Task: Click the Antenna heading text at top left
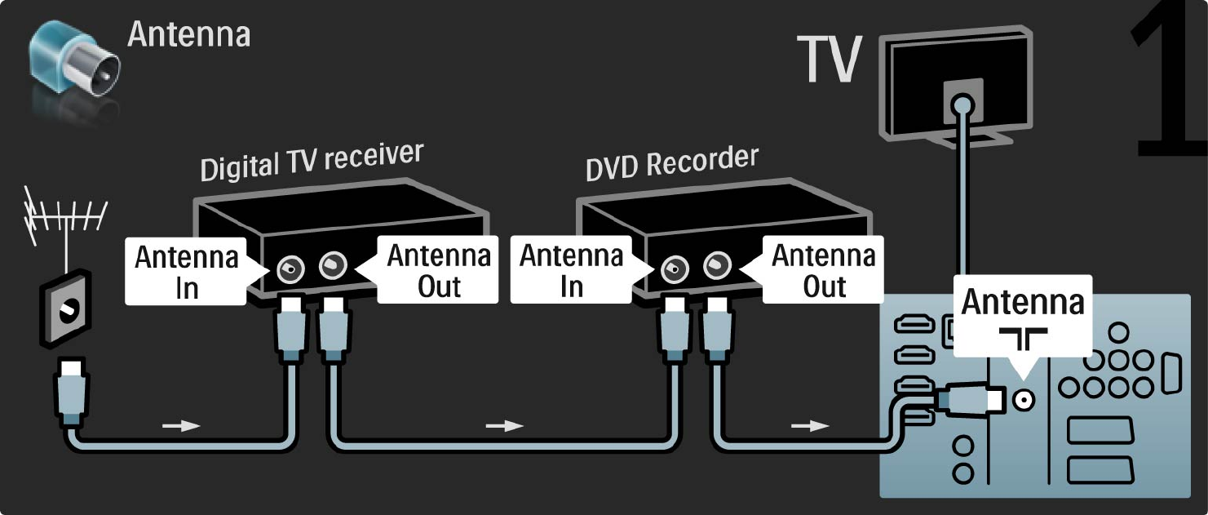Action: (188, 35)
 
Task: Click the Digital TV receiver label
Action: (312, 162)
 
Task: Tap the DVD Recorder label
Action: (671, 162)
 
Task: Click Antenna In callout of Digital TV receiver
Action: (187, 272)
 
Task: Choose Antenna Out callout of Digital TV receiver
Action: (439, 270)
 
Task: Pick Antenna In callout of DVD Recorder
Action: (571, 270)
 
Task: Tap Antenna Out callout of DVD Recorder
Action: (824, 270)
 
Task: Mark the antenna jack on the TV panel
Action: (1023, 399)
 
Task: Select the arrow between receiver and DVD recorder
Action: (504, 425)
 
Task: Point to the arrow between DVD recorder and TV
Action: (811, 425)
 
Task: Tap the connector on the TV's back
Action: (963, 104)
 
